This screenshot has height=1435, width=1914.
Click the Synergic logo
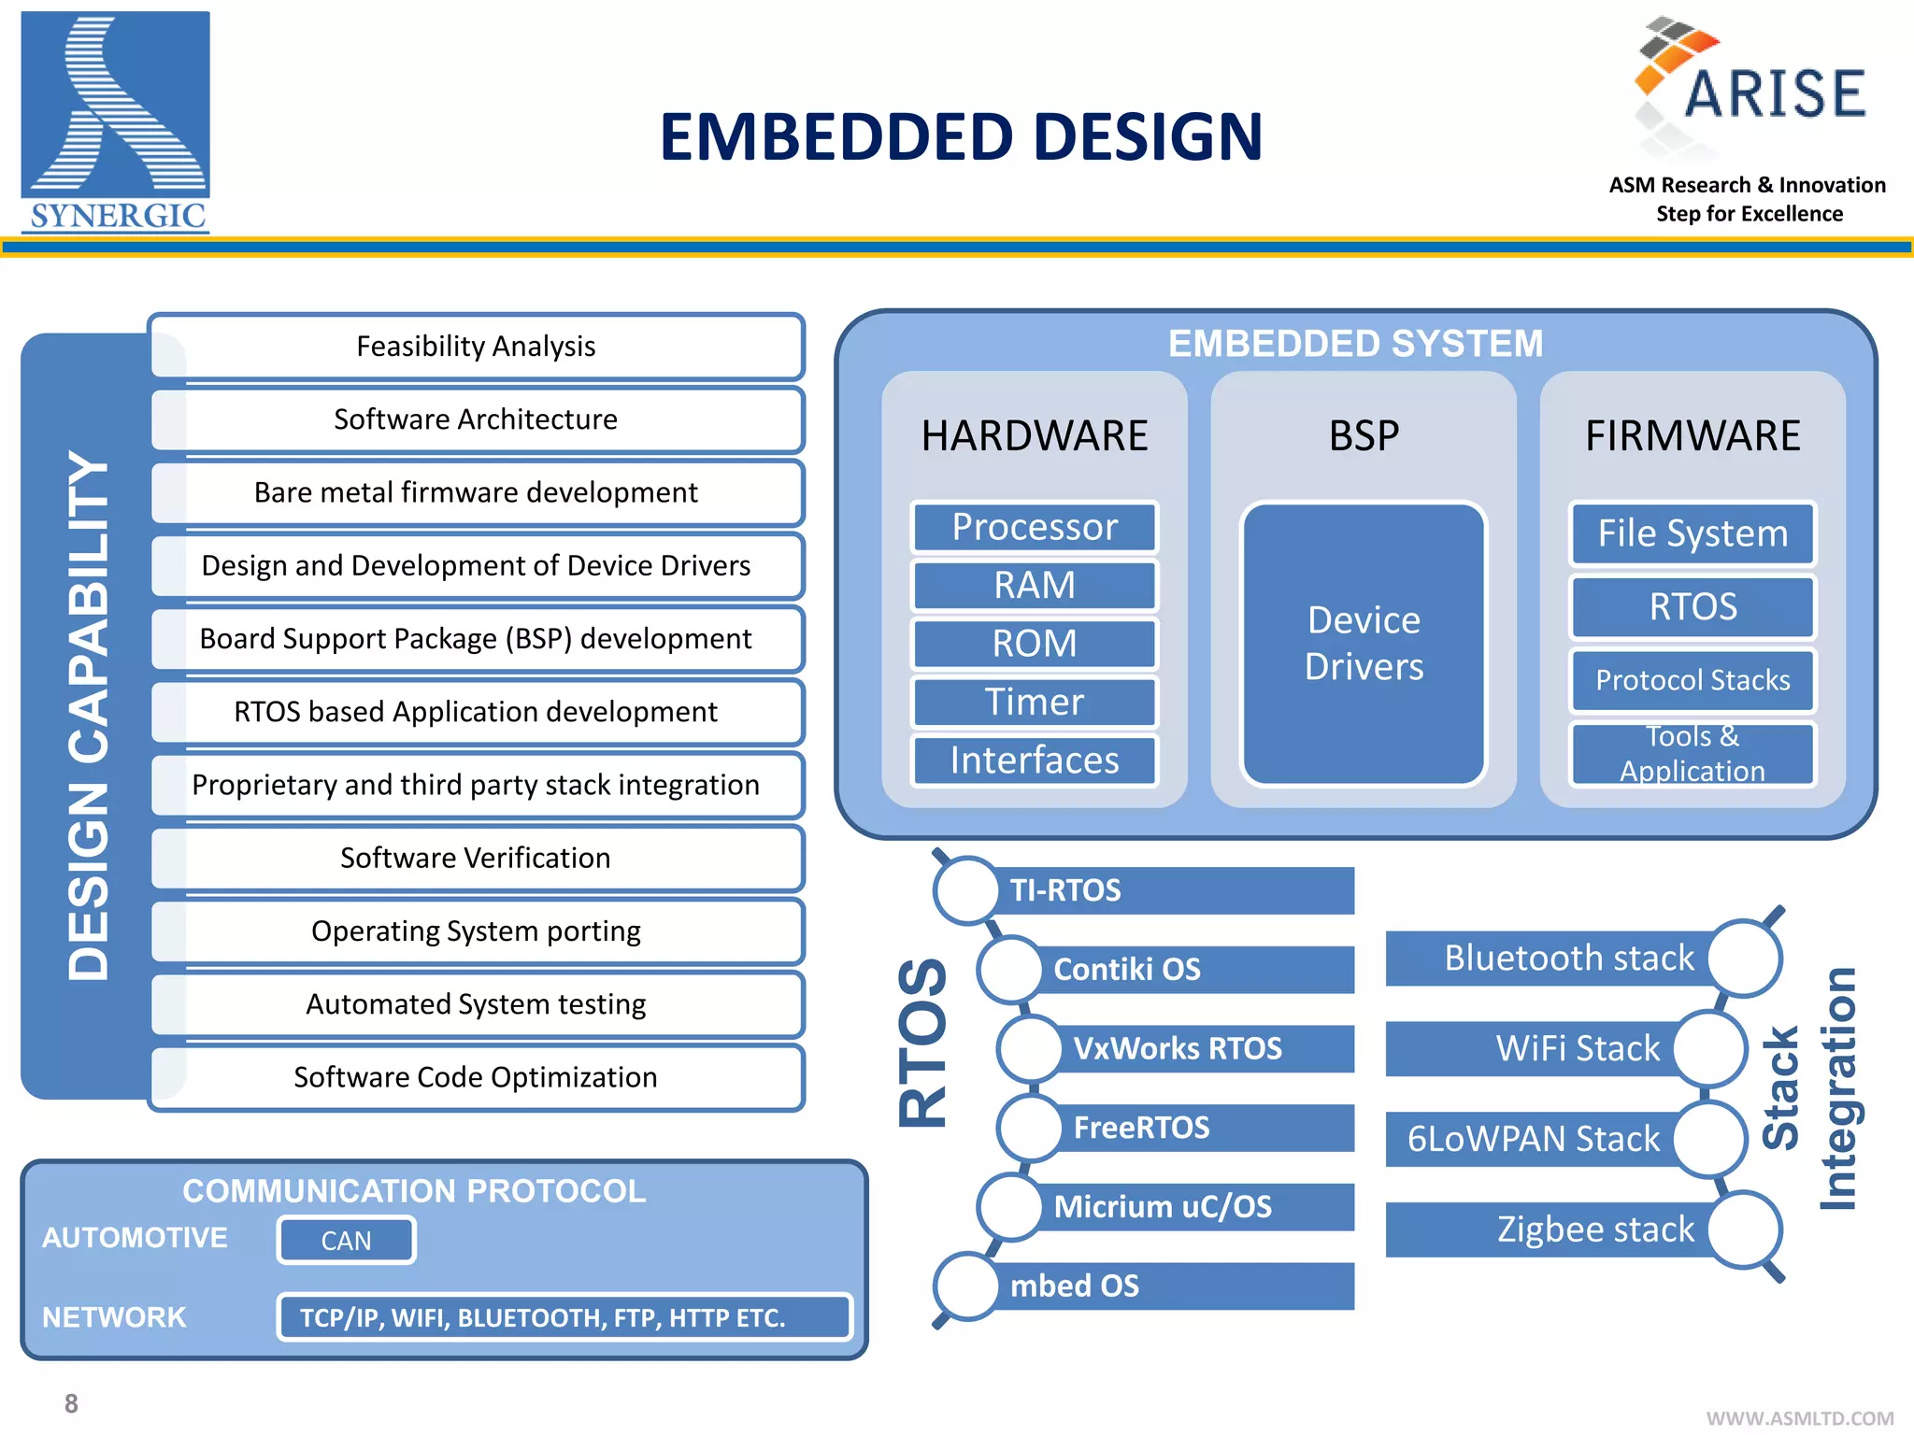pyautogui.click(x=115, y=121)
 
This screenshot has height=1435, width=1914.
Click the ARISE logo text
pyautogui.click(x=1773, y=93)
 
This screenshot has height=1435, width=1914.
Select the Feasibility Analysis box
pyautogui.click(x=476, y=347)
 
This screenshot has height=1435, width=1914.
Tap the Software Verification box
pyautogui.click(x=476, y=858)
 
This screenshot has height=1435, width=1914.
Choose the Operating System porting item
pyautogui.click(x=476, y=931)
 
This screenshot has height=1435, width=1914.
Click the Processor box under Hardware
pyautogui.click(x=1034, y=527)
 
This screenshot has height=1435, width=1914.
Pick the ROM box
pyautogui.click(x=1034, y=644)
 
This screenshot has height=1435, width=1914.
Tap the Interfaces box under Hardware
pyautogui.click(x=1034, y=760)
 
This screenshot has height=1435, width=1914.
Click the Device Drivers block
pyautogui.click(x=1363, y=644)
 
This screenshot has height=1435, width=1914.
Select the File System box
pyautogui.click(x=1692, y=533)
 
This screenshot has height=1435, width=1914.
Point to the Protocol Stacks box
pyautogui.click(x=1692, y=680)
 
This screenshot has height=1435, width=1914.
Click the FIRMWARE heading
pyautogui.click(x=1692, y=436)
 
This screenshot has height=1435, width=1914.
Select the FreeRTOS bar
pyautogui.click(x=1196, y=1128)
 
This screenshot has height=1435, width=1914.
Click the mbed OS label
pyautogui.click(x=1075, y=1286)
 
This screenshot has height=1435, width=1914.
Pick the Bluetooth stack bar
pyautogui.click(x=1551, y=959)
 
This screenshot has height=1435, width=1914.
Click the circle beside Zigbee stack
pyautogui.click(x=1745, y=1229)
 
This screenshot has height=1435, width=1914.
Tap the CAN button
pyautogui.click(x=346, y=1241)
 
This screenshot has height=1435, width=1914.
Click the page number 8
pyautogui.click(x=71, y=1403)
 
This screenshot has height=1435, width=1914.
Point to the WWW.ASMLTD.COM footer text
pyautogui.click(x=1799, y=1418)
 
